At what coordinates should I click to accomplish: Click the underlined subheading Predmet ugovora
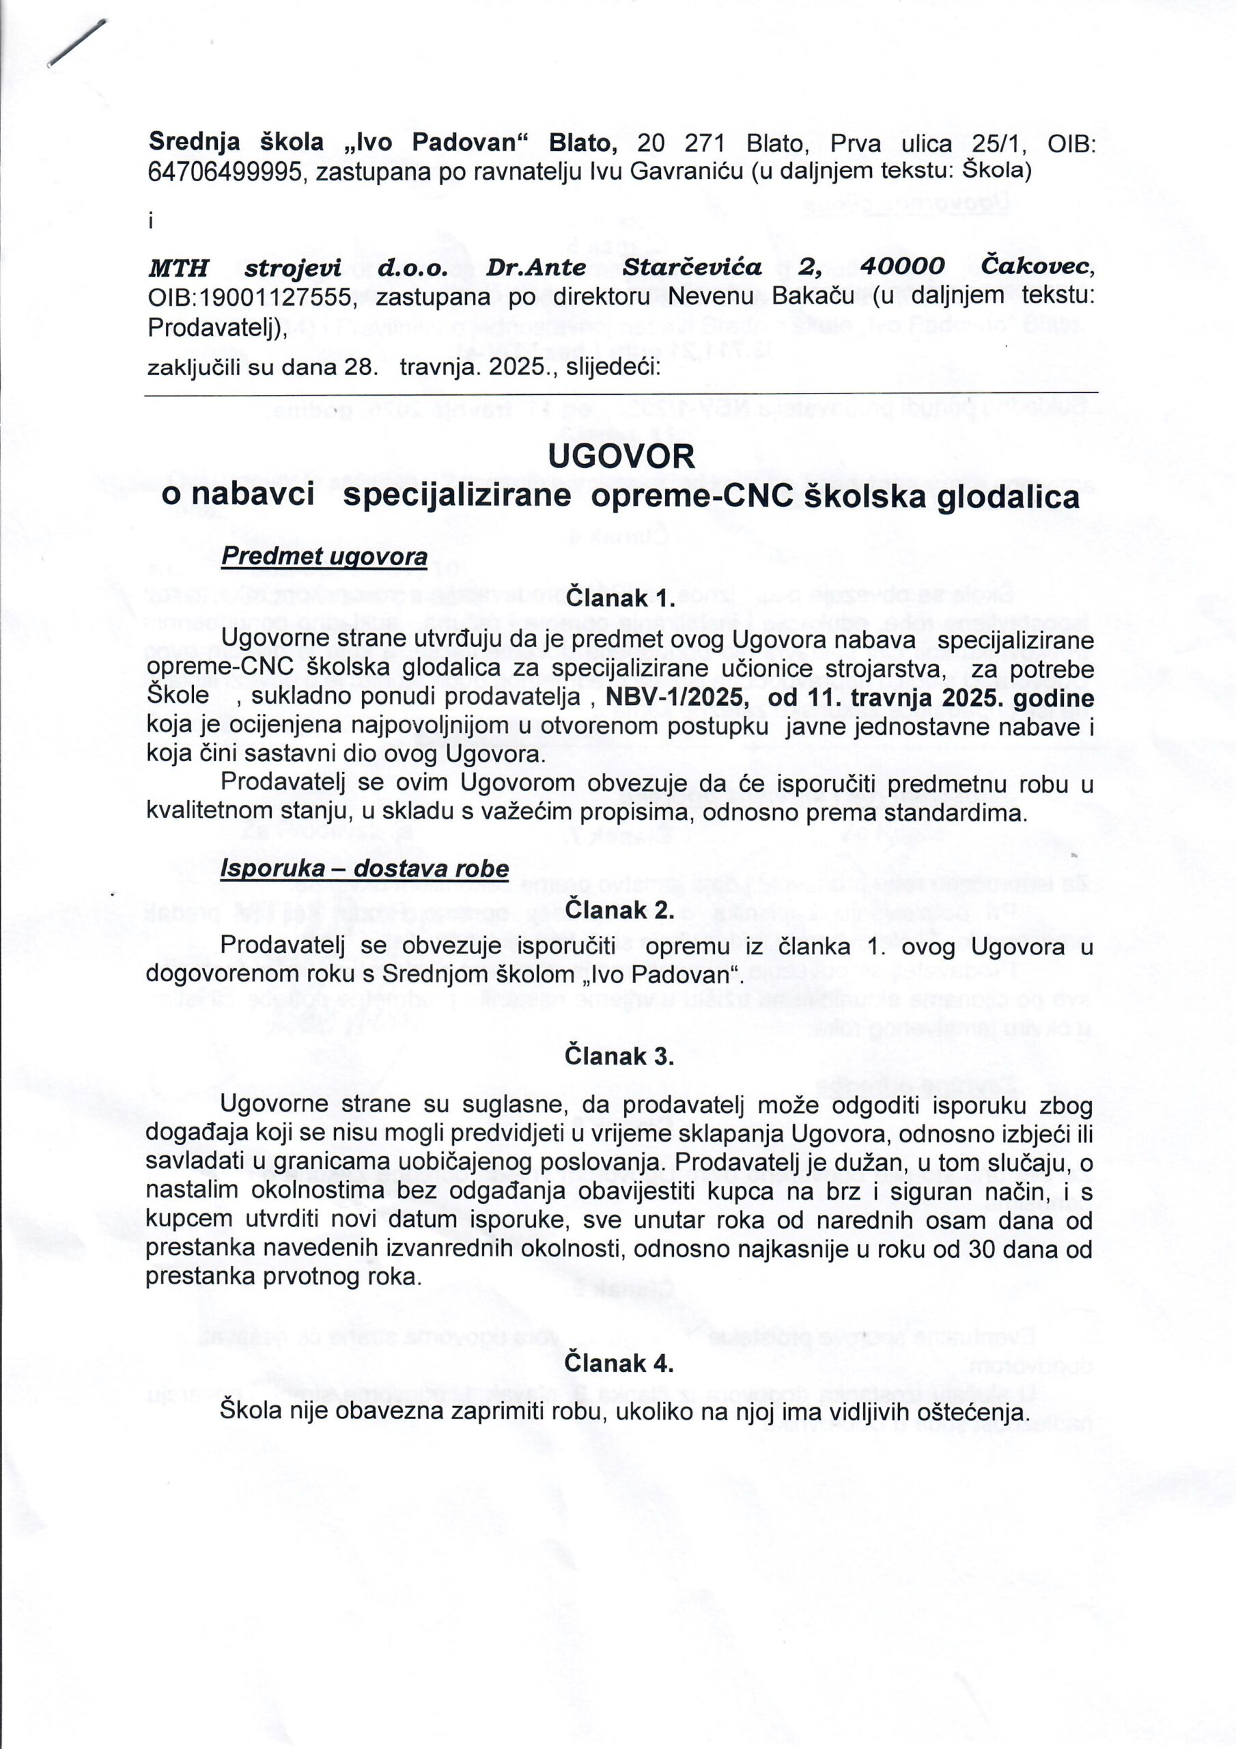click(324, 557)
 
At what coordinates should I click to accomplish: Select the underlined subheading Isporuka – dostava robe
click(365, 869)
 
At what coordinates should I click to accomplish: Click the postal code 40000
click(903, 267)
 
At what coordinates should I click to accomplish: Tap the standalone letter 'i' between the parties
click(151, 221)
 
